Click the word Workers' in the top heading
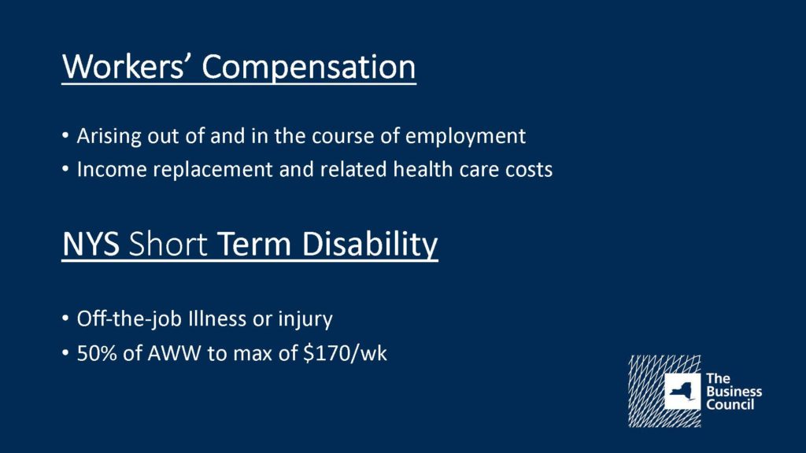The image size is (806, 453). click(124, 66)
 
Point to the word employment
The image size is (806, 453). click(465, 137)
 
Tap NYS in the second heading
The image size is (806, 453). click(91, 244)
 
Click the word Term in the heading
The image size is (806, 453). click(254, 244)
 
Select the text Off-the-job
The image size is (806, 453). click(129, 319)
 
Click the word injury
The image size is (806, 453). click(305, 319)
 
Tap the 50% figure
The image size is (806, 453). click(97, 353)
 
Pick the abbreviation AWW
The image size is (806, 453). click(174, 353)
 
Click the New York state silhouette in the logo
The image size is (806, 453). click(682, 392)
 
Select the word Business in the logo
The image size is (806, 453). click(734, 392)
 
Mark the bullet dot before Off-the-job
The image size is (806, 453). click(65, 319)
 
